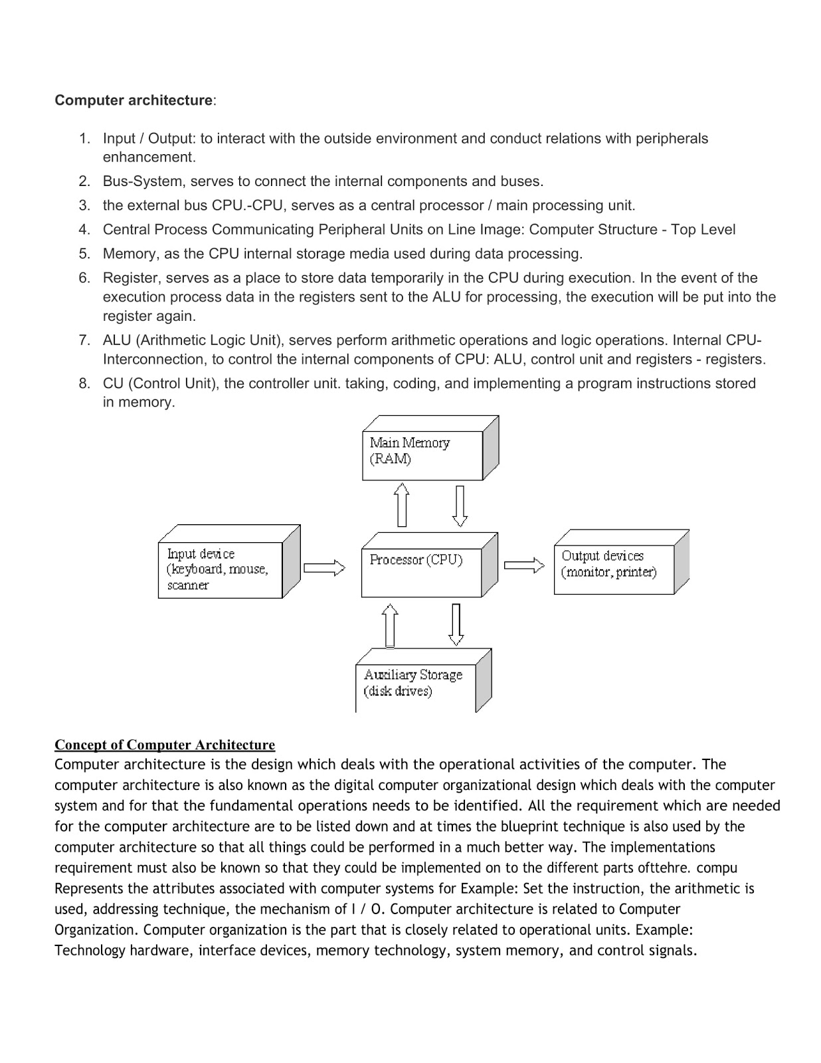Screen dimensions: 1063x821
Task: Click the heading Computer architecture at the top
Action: (133, 100)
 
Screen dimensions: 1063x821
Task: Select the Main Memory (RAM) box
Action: (422, 455)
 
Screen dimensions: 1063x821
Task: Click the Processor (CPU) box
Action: (421, 572)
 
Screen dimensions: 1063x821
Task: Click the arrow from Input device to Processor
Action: (324, 568)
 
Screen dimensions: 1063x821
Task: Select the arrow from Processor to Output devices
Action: (524, 565)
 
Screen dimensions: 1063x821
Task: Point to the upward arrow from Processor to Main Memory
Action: (401, 504)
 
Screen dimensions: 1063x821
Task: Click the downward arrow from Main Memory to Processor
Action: (460, 506)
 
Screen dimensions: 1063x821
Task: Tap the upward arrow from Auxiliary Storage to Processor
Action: (391, 625)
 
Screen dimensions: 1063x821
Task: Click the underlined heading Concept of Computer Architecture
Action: (165, 745)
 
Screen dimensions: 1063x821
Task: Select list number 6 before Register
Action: (84, 278)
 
